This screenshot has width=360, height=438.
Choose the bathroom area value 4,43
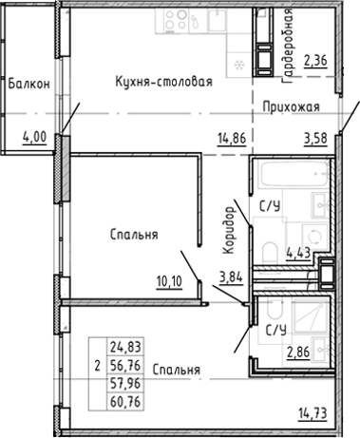tap(298, 252)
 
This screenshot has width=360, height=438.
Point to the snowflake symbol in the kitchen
tap(237, 65)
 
